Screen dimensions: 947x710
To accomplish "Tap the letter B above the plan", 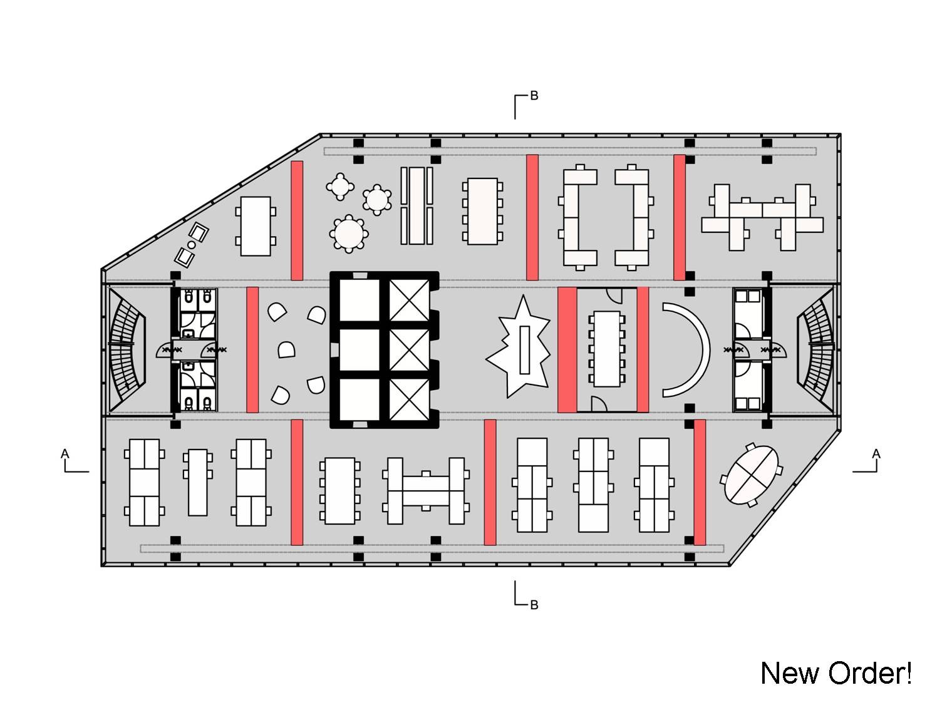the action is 534,96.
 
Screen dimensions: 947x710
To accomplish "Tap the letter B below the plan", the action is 534,605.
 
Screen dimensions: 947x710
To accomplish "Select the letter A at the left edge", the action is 65,453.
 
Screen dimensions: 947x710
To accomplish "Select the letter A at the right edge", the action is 876,453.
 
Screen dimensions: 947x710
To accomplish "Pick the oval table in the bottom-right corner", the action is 751,475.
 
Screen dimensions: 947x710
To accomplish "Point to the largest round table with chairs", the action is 349,233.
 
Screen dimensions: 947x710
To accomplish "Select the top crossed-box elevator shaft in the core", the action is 409,300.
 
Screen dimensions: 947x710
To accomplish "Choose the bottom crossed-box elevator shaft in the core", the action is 409,399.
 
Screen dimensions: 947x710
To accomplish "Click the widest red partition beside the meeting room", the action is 567,349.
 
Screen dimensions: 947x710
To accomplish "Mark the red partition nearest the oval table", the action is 700,482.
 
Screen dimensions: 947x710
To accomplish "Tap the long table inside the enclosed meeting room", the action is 607,349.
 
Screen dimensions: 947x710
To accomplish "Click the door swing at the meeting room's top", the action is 614,296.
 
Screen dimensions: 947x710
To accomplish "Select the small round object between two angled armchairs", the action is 192,245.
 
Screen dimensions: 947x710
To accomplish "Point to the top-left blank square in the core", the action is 360,300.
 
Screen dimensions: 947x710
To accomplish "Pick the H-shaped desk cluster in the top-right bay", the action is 762,218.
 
